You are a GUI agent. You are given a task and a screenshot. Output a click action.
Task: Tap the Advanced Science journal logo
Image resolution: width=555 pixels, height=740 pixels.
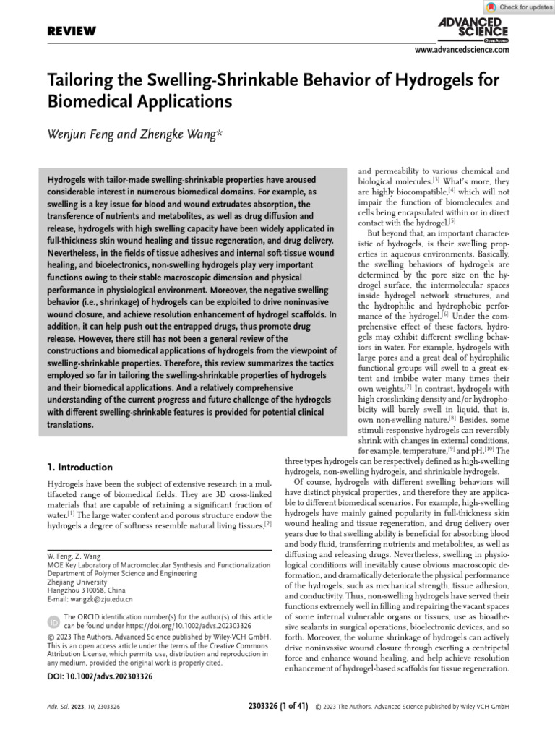[x=473, y=30]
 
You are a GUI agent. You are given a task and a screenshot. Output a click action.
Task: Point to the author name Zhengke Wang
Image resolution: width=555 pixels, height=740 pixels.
[x=179, y=134]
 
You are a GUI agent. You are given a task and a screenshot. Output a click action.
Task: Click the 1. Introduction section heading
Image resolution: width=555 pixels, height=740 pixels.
[x=79, y=467]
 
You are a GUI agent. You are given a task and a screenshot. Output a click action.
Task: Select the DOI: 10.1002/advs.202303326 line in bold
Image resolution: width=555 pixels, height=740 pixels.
[x=100, y=676]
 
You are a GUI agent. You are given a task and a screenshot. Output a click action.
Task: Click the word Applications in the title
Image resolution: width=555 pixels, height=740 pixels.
[x=180, y=100]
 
